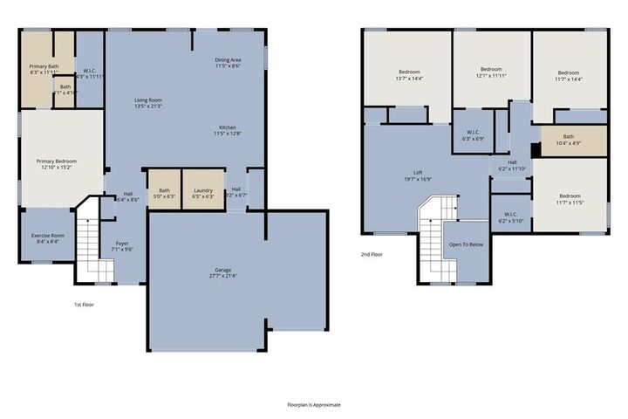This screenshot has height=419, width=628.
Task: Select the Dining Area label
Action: point(228,61)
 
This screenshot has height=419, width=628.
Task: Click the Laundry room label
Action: point(204,193)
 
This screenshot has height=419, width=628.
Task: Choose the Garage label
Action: point(224,272)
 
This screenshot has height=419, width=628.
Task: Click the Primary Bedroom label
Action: point(56,164)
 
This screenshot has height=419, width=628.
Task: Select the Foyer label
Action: point(122,245)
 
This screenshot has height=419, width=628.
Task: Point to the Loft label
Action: point(418,175)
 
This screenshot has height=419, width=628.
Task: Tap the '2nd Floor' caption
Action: point(372,255)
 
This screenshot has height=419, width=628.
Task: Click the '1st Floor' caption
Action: point(85,304)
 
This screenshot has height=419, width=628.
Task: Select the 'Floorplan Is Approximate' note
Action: point(314,405)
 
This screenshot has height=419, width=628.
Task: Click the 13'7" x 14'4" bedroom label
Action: point(410,74)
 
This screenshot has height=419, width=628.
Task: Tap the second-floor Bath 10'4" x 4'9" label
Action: point(569,139)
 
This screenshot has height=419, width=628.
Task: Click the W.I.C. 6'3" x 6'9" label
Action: point(472,134)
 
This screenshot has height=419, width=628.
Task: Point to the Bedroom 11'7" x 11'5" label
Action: point(569,199)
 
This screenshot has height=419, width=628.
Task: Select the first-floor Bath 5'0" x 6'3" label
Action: point(164,193)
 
